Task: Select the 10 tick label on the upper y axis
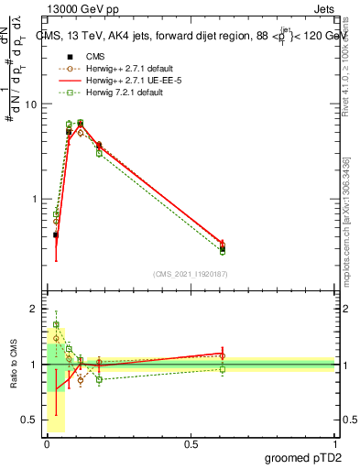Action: (x=30, y=104)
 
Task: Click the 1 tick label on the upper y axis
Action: (x=33, y=200)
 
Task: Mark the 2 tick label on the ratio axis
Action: (x=34, y=310)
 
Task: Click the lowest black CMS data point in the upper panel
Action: (x=56, y=235)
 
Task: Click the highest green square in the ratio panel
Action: (x=56, y=324)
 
